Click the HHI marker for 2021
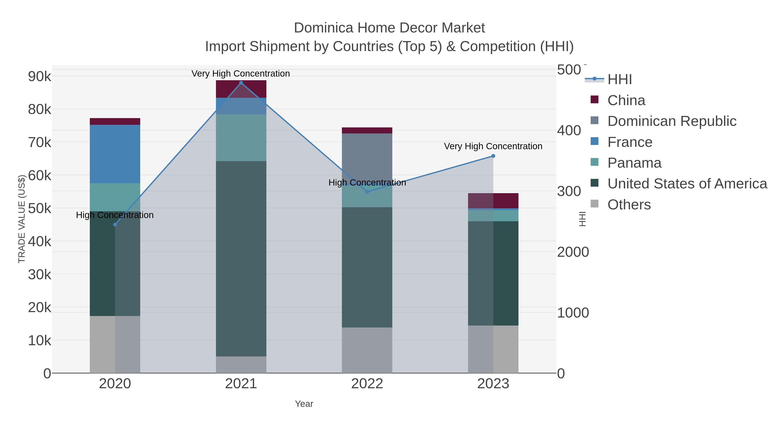(241, 83)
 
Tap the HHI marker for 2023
(493, 156)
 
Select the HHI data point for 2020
(115, 225)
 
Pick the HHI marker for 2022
(367, 192)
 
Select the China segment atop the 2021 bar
(241, 89)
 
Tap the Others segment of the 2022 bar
(367, 350)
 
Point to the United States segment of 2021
(241, 258)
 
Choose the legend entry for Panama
(634, 163)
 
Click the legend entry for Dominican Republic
(672, 121)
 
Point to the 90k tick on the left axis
(40, 77)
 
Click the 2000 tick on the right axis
(573, 252)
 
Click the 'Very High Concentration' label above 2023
(493, 146)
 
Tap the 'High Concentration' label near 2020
(115, 215)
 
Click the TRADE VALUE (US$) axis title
(22, 219)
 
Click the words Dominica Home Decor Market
(389, 28)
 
